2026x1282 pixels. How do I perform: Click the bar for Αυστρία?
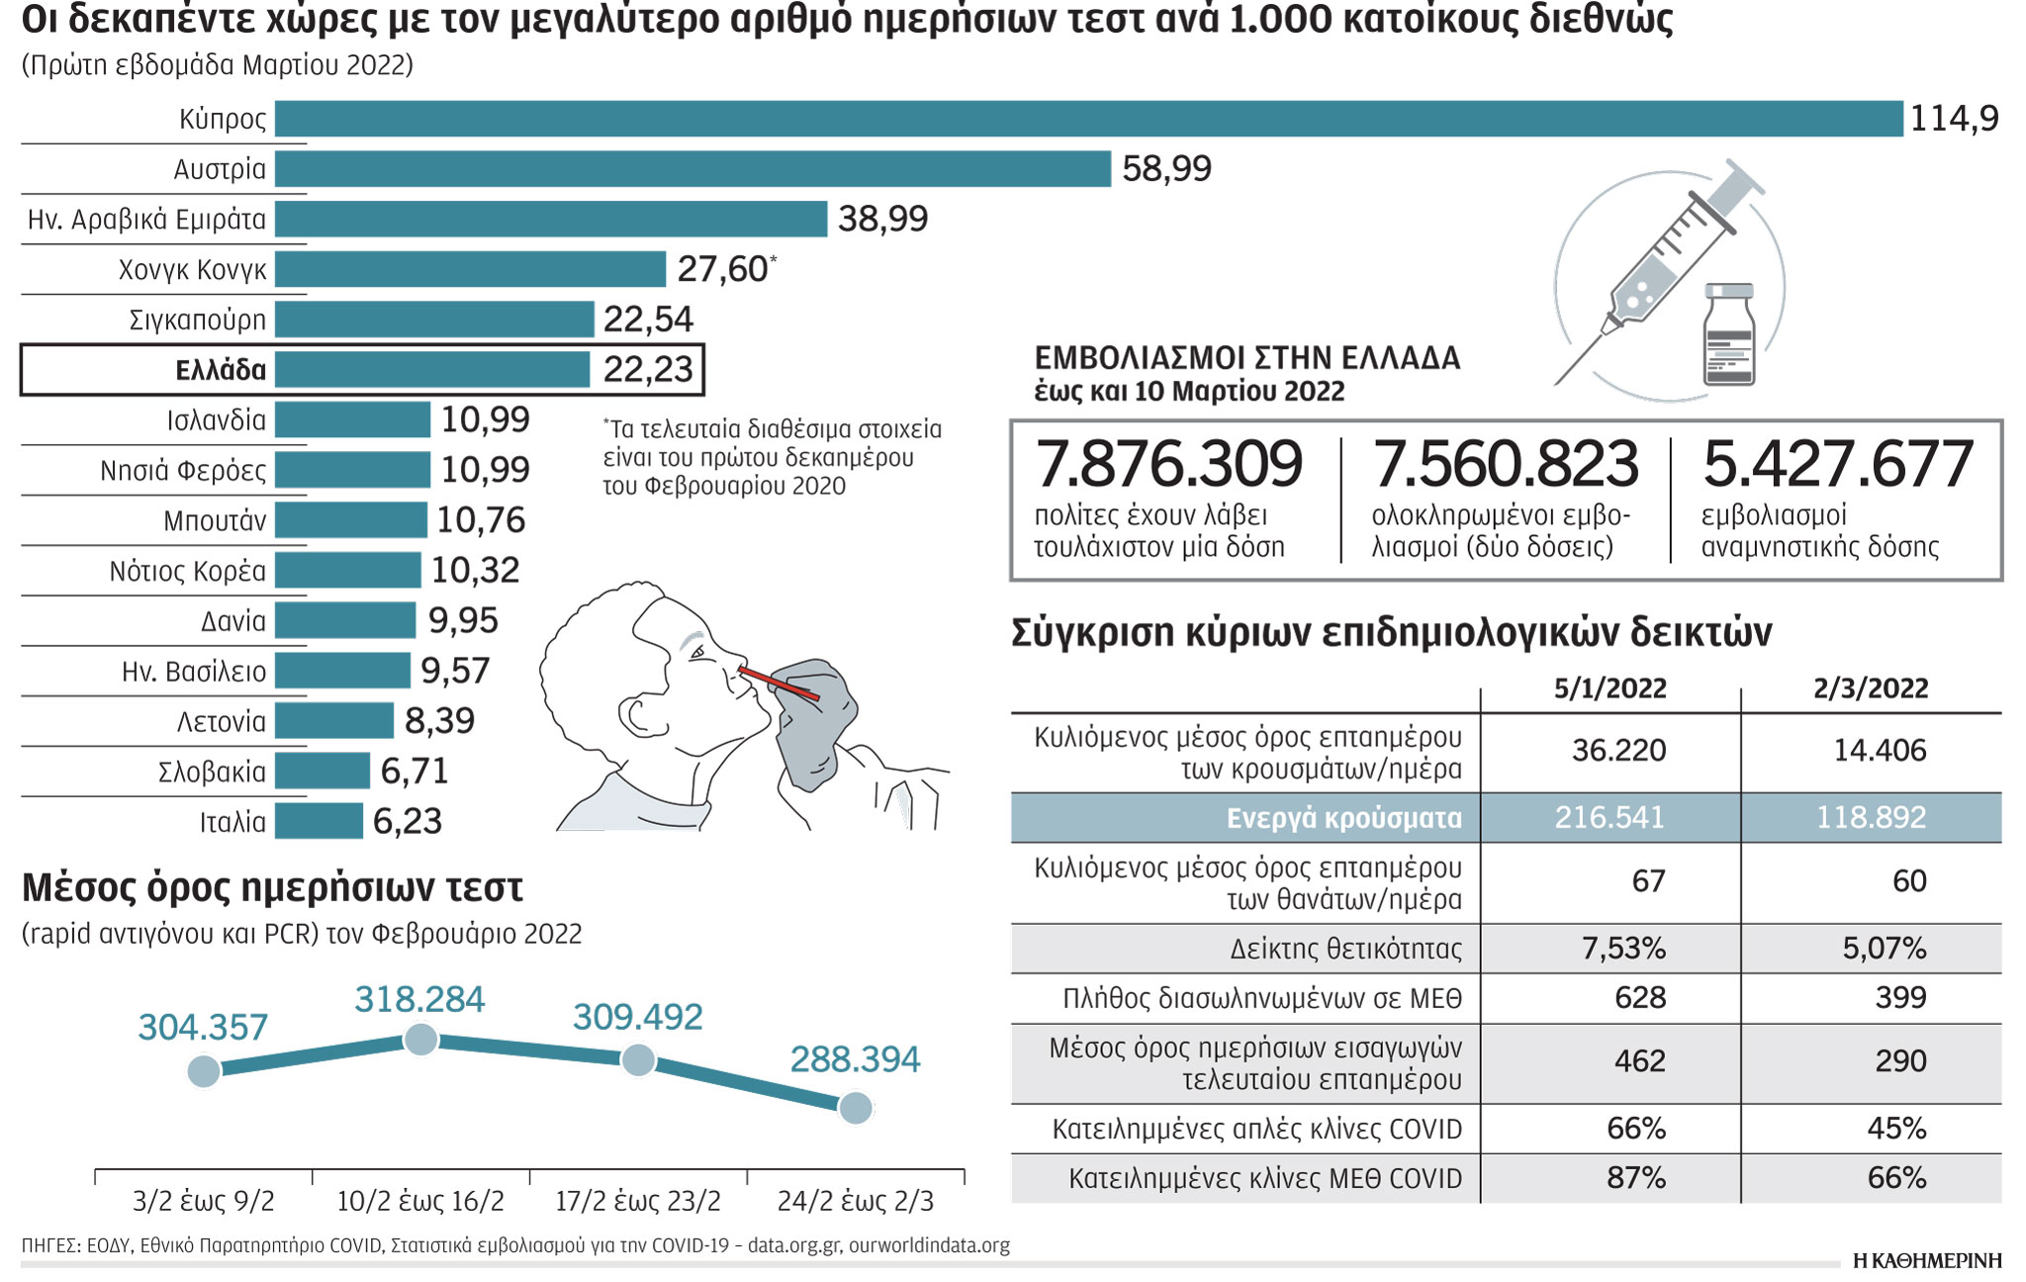pyautogui.click(x=692, y=168)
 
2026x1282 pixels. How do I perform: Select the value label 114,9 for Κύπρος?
pyautogui.click(x=1954, y=119)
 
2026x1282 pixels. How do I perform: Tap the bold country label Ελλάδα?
pyautogui.click(x=221, y=370)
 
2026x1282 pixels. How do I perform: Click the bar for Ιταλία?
pyautogui.click(x=319, y=821)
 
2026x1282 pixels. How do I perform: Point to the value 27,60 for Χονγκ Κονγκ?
pyautogui.click(x=723, y=269)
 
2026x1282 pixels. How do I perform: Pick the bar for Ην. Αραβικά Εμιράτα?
pyautogui.click(x=550, y=219)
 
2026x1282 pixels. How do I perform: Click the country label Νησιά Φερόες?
pyautogui.click(x=183, y=470)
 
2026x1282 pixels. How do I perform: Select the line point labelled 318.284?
pyautogui.click(x=421, y=1040)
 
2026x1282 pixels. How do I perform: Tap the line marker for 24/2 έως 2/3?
pyautogui.click(x=856, y=1108)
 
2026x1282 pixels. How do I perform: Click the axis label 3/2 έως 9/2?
pyautogui.click(x=204, y=1201)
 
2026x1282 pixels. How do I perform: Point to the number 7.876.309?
pyautogui.click(x=1168, y=464)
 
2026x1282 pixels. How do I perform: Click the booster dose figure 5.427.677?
pyautogui.click(x=1837, y=464)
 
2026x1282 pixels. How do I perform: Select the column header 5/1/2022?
pyautogui.click(x=1610, y=688)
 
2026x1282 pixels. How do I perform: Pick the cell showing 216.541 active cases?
pyautogui.click(x=1610, y=817)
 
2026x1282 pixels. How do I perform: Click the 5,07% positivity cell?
pyautogui.click(x=1884, y=949)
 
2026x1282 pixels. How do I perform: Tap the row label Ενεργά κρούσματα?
pyautogui.click(x=1343, y=818)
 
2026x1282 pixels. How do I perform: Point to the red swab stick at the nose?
pyautogui.click(x=779, y=684)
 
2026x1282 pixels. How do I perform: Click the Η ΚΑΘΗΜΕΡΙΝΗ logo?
pyautogui.click(x=1926, y=1260)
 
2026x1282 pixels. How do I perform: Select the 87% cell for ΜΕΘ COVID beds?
pyautogui.click(x=1636, y=1178)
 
